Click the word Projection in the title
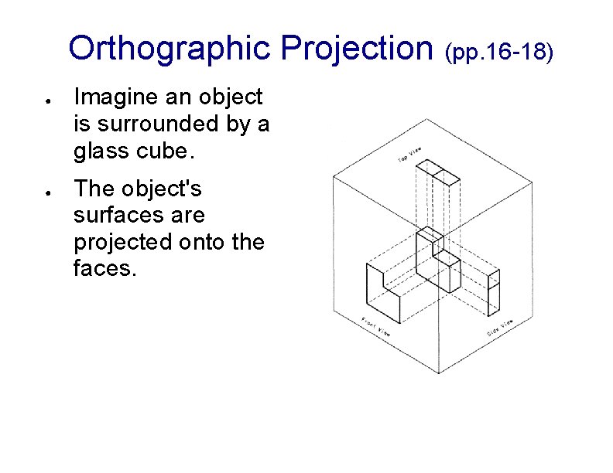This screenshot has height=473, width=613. pyautogui.click(x=358, y=48)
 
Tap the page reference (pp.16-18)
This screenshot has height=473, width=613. pyautogui.click(x=498, y=52)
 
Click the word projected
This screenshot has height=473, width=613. pyautogui.click(x=119, y=243)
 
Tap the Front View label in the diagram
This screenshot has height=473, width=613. pyautogui.click(x=376, y=327)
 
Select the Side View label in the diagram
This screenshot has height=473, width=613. pyautogui.click(x=500, y=328)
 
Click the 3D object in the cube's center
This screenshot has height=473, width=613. pyautogui.click(x=437, y=260)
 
